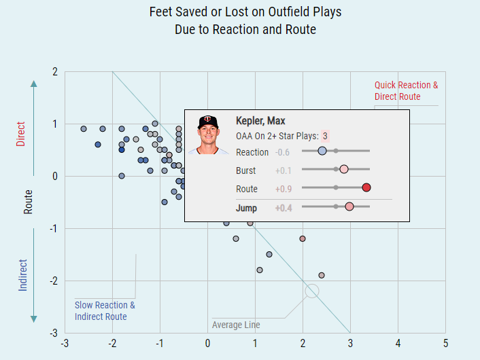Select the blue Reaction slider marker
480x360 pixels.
(x=322, y=151)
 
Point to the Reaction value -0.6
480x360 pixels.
(x=283, y=151)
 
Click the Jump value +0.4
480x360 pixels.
(x=284, y=207)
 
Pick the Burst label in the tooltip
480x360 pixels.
(x=246, y=170)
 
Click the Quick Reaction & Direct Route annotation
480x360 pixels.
(x=406, y=91)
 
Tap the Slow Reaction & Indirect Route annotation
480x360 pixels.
(x=105, y=310)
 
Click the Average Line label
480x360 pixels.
(x=236, y=325)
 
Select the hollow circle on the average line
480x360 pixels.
(x=312, y=291)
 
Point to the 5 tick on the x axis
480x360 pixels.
(x=445, y=342)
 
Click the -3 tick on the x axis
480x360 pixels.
(x=65, y=342)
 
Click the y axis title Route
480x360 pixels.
(x=28, y=202)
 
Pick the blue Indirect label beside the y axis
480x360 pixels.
(x=23, y=275)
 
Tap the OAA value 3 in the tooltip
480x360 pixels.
(x=325, y=136)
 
